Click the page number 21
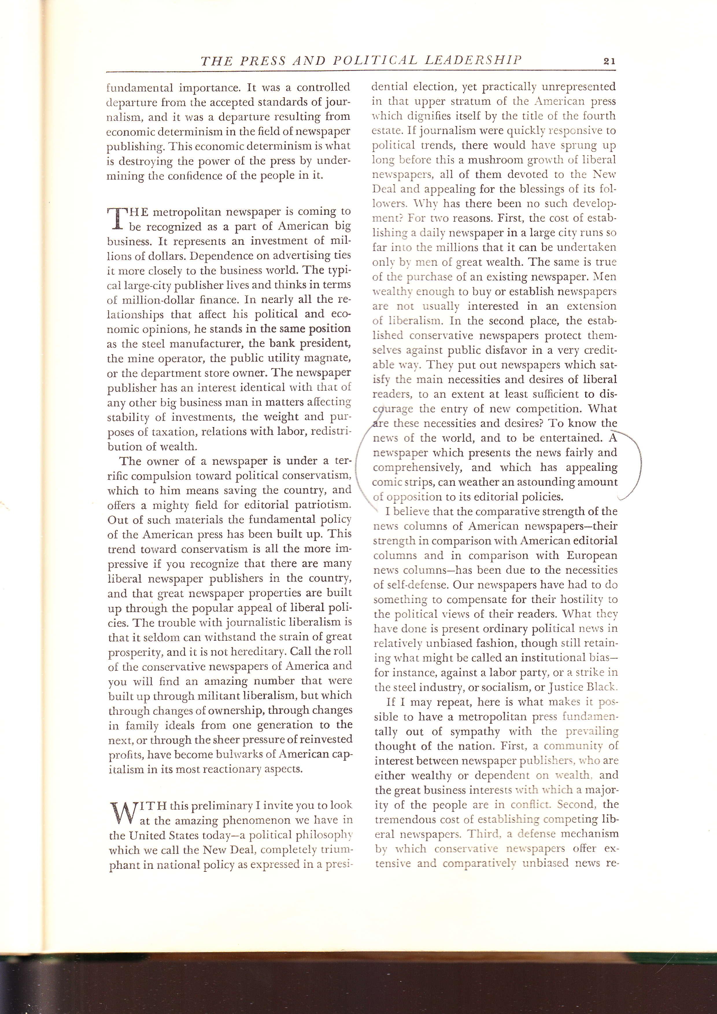tap(609, 61)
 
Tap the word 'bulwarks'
tap(245, 754)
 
